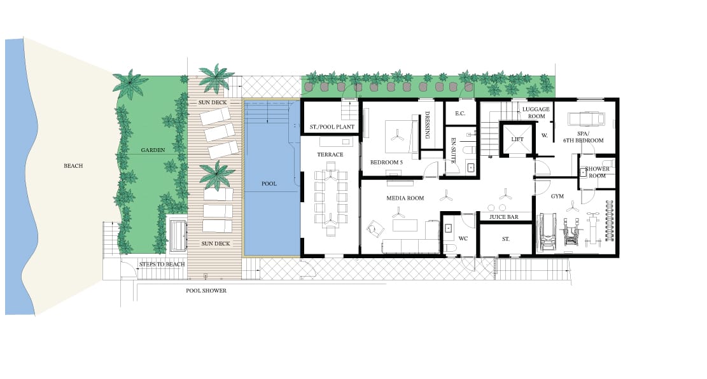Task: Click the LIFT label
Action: point(517,139)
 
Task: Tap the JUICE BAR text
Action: point(503,217)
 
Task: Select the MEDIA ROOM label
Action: point(405,198)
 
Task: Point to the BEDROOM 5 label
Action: point(386,162)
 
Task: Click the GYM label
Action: point(557,196)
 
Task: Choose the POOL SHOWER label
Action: point(206,291)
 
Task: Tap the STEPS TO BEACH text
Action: point(162,264)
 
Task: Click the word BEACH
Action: point(73,166)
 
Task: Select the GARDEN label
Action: point(153,150)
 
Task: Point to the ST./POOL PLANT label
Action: point(332,127)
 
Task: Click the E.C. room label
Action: point(460,114)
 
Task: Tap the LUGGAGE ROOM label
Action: point(536,113)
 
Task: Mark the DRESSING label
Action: point(427,125)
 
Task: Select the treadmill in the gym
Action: point(546,231)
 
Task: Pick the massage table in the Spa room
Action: point(585,118)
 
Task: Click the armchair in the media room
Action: point(375,228)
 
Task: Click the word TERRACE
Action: point(330,155)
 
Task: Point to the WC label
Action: point(463,239)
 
